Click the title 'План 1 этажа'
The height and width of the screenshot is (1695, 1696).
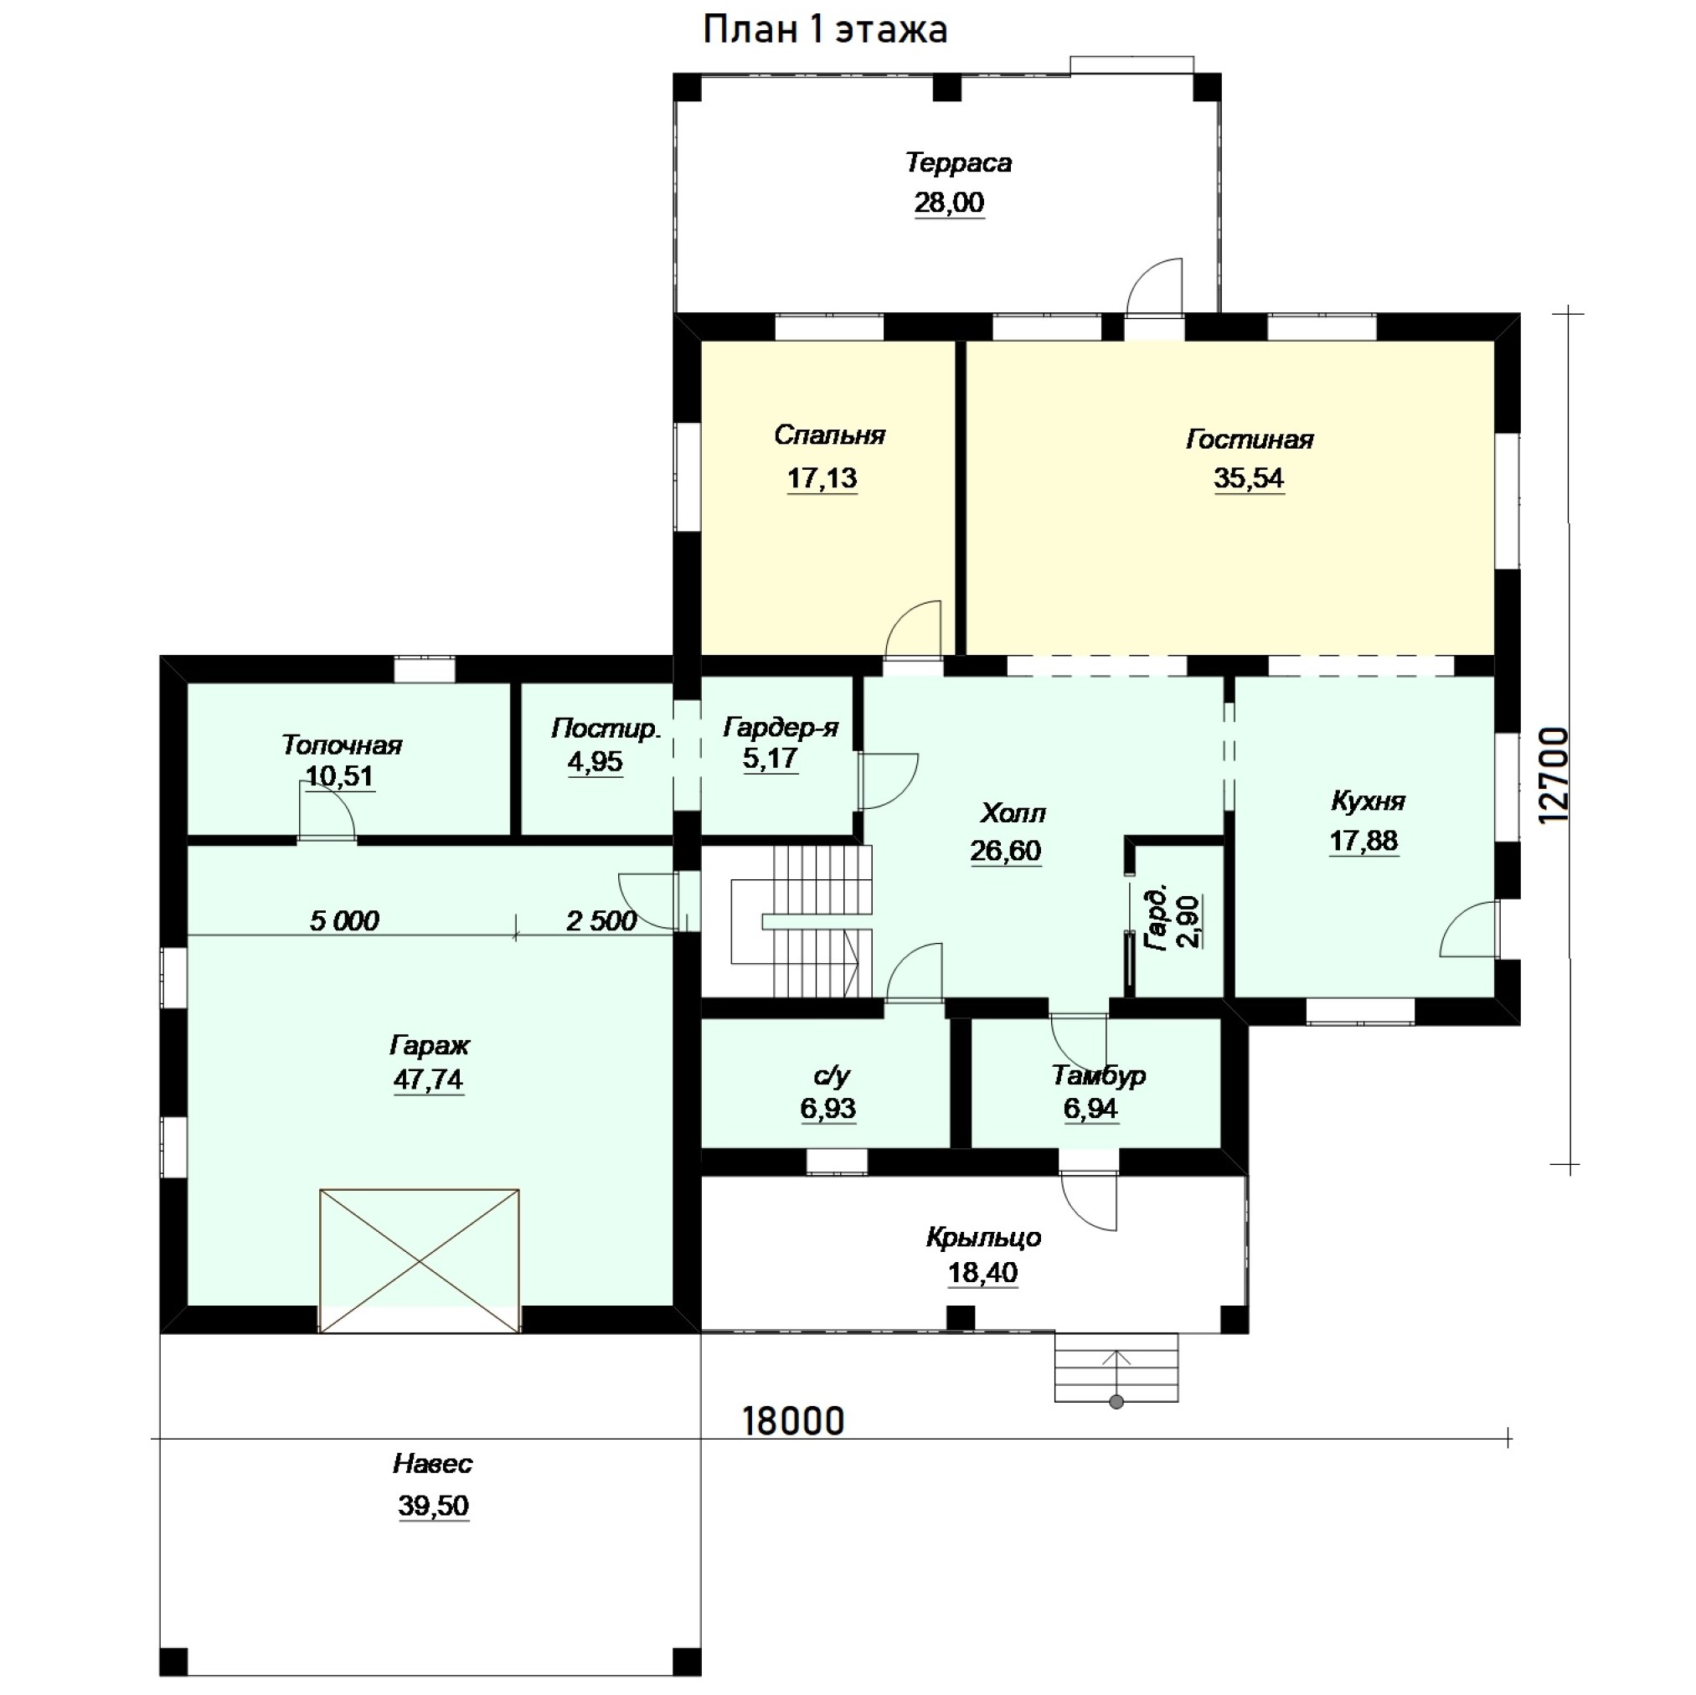[x=825, y=30]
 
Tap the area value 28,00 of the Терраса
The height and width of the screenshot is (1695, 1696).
[x=949, y=203]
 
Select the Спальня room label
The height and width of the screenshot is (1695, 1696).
[x=829, y=435]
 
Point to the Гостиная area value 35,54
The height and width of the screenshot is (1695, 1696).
[x=1248, y=478]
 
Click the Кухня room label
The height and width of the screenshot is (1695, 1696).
[x=1368, y=801]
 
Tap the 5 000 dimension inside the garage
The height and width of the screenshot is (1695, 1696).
[x=344, y=921]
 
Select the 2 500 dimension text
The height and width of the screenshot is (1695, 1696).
[x=601, y=921]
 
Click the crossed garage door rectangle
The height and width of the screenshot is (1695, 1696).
[x=420, y=1260]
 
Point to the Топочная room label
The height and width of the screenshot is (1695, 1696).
[x=342, y=745]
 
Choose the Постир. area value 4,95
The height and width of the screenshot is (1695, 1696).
[x=595, y=762]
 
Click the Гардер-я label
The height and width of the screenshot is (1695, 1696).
[x=781, y=728]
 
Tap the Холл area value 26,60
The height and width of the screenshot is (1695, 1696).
[x=1006, y=851]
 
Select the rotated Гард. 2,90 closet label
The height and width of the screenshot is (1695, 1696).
[x=1173, y=919]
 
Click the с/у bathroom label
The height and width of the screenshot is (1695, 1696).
[x=832, y=1076]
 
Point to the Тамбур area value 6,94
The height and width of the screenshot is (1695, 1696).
[x=1090, y=1109]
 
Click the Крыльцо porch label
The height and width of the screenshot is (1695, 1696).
[x=983, y=1238]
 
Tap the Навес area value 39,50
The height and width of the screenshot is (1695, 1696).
[x=434, y=1506]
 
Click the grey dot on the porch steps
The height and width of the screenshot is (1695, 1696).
[x=1116, y=1403]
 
